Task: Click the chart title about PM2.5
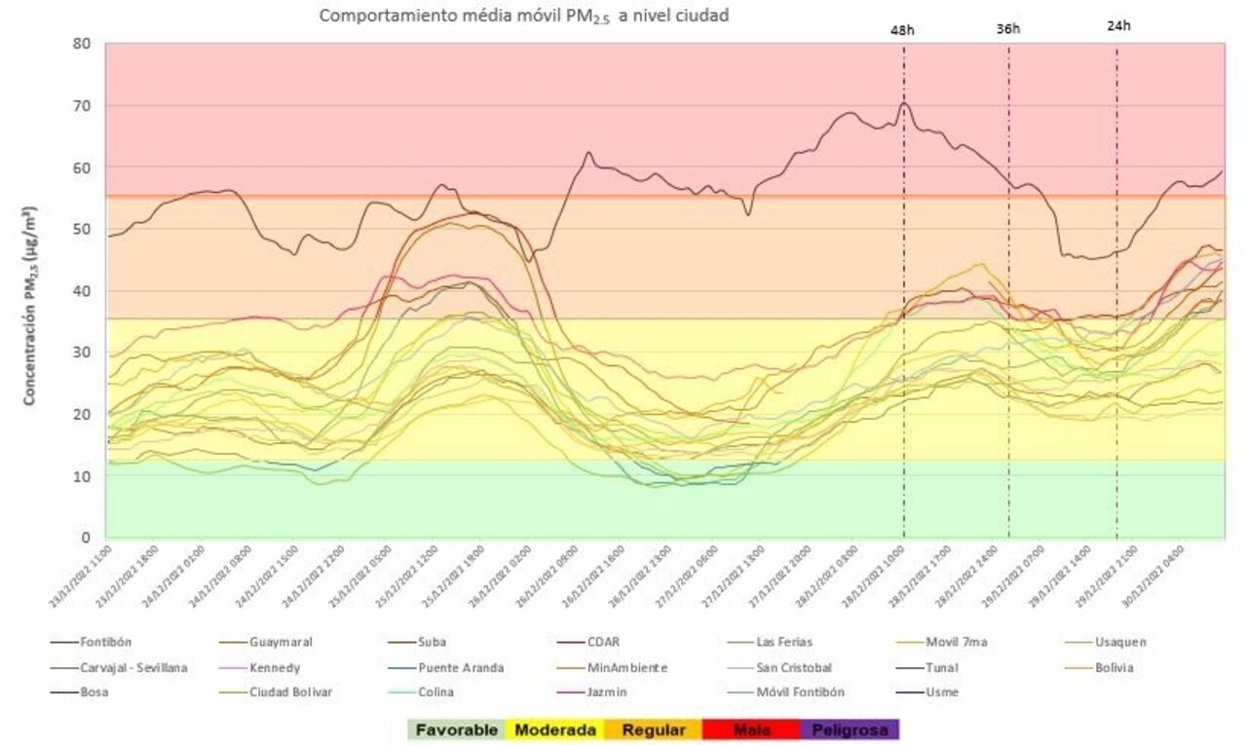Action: click(x=524, y=15)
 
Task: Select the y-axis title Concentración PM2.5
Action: click(x=30, y=306)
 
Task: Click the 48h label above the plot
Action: click(x=903, y=30)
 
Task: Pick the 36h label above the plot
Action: click(x=1008, y=29)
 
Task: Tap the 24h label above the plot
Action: click(x=1118, y=26)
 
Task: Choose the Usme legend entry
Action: click(x=943, y=692)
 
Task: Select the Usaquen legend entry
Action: click(x=1119, y=642)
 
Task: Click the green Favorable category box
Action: click(x=456, y=729)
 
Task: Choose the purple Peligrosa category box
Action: click(x=849, y=729)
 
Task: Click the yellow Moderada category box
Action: click(x=554, y=729)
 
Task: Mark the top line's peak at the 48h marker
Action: click(x=904, y=102)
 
